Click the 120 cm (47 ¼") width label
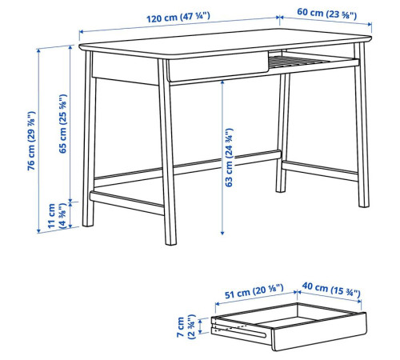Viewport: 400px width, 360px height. click(x=178, y=18)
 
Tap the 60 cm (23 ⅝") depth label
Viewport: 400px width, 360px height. click(x=326, y=13)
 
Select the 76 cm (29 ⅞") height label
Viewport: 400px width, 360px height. click(x=31, y=141)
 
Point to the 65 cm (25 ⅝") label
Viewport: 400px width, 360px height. click(x=62, y=124)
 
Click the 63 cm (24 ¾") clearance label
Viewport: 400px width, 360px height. click(x=229, y=158)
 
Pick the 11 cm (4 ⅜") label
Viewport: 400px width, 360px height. click(x=57, y=216)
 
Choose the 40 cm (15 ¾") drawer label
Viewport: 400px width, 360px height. click(x=331, y=290)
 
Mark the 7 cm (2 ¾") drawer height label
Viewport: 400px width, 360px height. click(x=186, y=326)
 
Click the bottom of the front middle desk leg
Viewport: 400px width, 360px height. click(x=170, y=242)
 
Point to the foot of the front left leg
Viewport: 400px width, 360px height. click(x=88, y=223)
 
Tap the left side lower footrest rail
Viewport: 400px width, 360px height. click(x=127, y=203)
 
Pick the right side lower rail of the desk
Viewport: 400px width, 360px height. click(x=320, y=171)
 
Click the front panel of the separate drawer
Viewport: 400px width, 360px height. click(x=319, y=331)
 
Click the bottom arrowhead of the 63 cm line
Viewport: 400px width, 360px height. click(x=222, y=233)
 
